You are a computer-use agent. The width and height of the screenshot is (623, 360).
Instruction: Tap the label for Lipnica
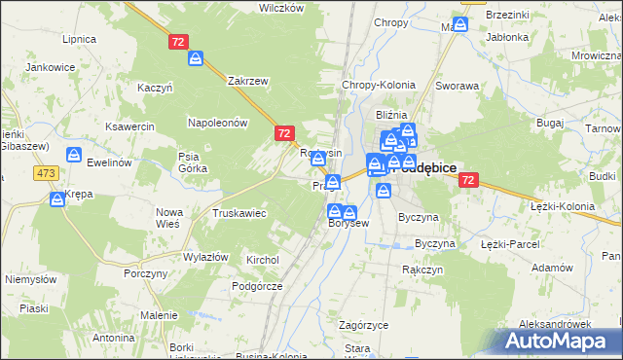coord(79,40)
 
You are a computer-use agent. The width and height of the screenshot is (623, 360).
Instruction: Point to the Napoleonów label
coord(219,123)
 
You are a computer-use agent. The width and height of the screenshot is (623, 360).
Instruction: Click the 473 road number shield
coord(45,172)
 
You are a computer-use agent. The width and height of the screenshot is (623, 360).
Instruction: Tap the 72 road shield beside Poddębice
coord(469,180)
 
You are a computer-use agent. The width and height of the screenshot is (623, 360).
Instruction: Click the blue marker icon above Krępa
coord(56,198)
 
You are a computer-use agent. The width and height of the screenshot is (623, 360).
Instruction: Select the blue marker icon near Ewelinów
coord(73,155)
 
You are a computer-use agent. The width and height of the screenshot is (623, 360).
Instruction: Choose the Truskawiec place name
coord(239,213)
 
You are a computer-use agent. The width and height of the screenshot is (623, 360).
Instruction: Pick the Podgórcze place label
coord(257,286)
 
